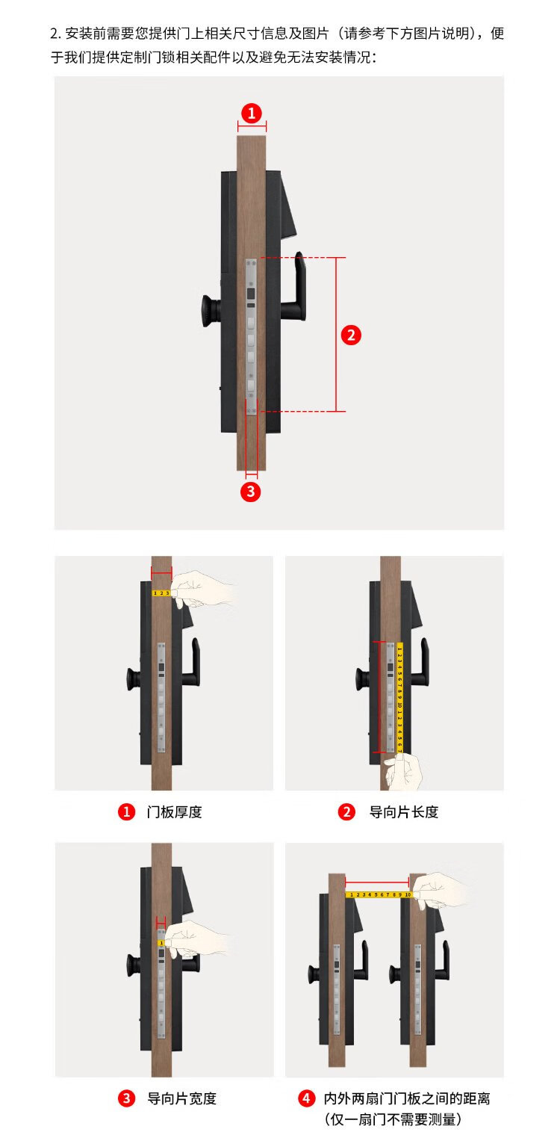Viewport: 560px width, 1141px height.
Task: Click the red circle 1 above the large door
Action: pos(252,113)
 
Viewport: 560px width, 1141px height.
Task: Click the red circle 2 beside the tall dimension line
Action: pos(351,336)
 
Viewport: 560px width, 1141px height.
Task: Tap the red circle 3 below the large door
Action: pos(250,492)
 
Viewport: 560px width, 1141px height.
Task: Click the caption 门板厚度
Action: pos(174,811)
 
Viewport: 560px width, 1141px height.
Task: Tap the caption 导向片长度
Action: pos(404,811)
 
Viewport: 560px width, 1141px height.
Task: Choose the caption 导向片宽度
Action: pos(181,1098)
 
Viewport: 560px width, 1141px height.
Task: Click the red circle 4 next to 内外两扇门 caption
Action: pos(306,1098)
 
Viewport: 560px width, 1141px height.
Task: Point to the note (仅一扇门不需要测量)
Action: pos(393,1119)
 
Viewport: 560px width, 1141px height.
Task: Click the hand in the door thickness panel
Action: pos(202,587)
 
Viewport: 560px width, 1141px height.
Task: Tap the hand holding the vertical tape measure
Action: pos(404,771)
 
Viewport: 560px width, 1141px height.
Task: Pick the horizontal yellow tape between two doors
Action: pos(379,894)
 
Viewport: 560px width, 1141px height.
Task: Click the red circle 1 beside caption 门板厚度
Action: pos(126,811)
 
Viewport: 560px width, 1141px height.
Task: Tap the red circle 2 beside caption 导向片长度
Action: pos(346,811)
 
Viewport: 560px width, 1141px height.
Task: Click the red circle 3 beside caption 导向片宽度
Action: pos(126,1098)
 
